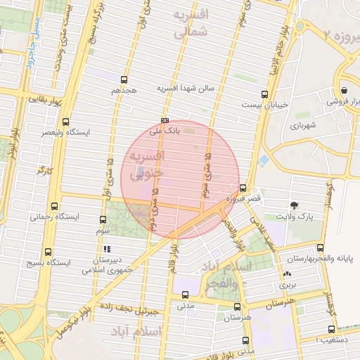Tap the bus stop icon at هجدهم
coord(125,79)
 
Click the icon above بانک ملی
coord(165,120)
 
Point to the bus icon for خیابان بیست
coord(264,94)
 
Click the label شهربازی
coord(304,126)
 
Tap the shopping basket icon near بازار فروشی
coord(344,90)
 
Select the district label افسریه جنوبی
coord(146,162)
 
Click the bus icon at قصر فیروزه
coord(243,188)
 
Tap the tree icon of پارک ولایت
coord(293,205)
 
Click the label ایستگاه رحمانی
coord(53,217)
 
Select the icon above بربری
coord(286,275)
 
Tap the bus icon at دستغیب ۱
coord(331,328)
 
